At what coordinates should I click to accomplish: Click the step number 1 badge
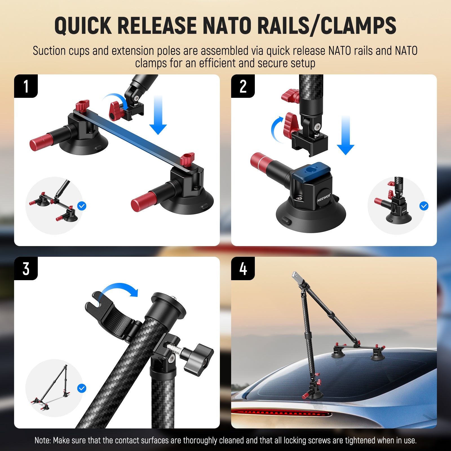26,86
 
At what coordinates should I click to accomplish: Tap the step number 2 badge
243,86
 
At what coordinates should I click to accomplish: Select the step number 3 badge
26,269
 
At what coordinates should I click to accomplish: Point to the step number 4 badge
243,269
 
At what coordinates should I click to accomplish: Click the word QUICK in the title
83,26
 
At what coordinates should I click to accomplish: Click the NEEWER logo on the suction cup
324,198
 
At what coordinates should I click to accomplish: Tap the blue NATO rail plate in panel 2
311,170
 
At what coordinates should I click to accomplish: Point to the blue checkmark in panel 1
82,206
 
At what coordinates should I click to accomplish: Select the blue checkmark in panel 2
424,206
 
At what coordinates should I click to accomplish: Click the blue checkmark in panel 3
82,388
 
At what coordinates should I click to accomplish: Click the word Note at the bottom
42,440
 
